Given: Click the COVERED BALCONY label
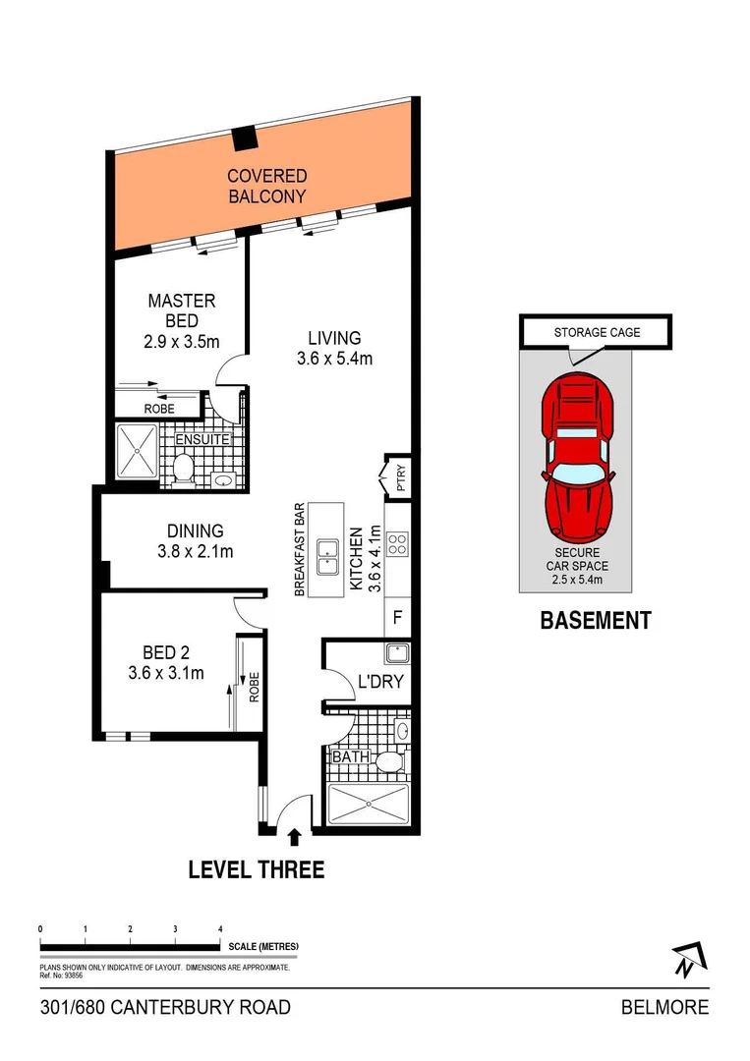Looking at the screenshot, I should (266, 186).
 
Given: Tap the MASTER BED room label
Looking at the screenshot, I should (182, 311).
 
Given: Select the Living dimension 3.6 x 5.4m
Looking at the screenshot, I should (334, 359).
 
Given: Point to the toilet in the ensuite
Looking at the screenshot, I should (183, 469).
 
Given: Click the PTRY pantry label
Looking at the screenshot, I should (399, 478).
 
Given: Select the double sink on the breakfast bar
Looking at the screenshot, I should (329, 550).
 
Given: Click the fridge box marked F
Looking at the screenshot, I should (398, 619).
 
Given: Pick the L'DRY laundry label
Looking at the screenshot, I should (379, 681).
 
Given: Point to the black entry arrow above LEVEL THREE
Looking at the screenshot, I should (294, 836).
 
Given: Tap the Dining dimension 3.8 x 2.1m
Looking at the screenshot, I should (196, 551).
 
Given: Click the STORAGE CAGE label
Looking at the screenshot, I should (597, 332).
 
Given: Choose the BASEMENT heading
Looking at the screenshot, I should (595, 621).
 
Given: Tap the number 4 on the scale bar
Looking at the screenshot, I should (220, 928).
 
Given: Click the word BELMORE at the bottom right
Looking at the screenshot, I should (664, 1008).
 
